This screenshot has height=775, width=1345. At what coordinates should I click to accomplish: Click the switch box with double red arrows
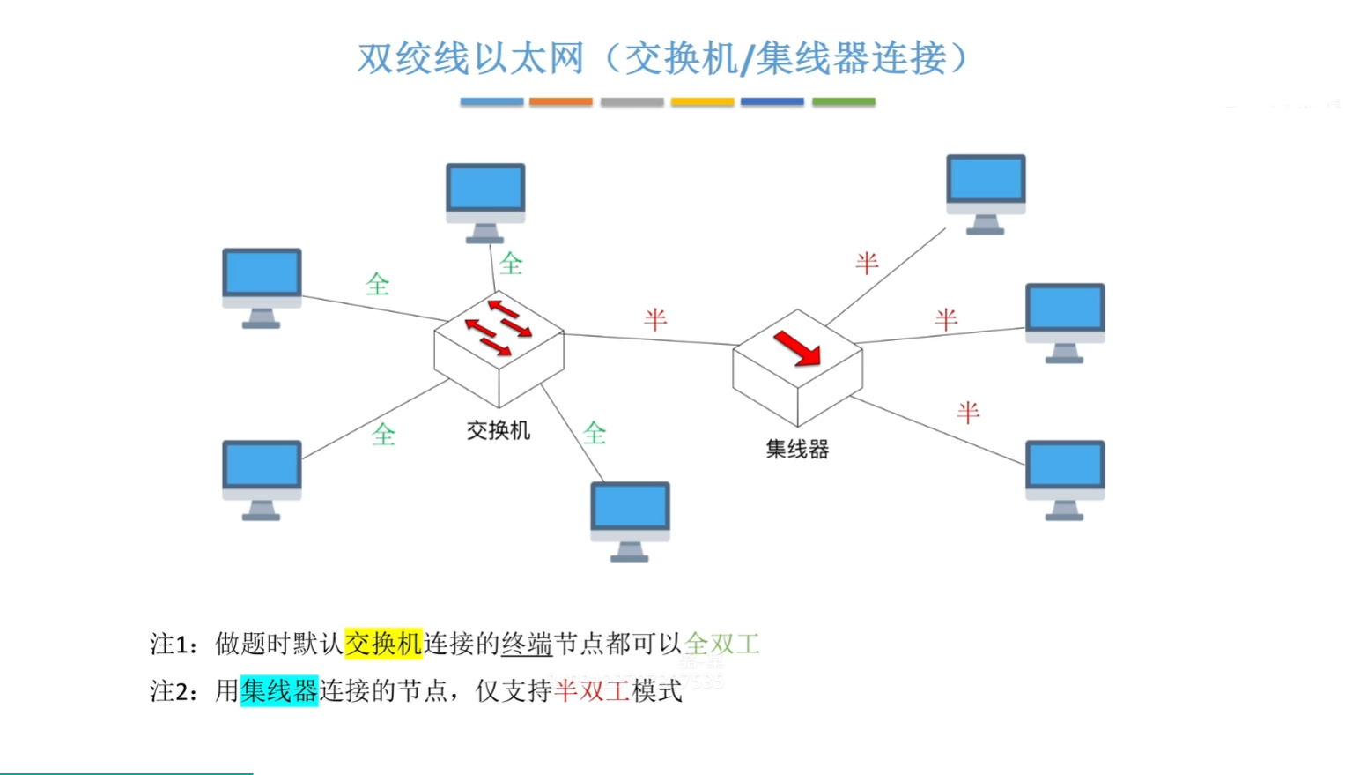tap(499, 347)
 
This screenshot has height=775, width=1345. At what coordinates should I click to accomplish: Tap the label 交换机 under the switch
tap(499, 430)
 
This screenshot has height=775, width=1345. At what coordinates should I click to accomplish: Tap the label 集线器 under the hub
tap(797, 450)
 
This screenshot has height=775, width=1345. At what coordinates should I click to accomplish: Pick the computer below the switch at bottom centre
tap(630, 518)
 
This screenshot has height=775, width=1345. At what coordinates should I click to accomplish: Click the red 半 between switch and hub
tap(655, 318)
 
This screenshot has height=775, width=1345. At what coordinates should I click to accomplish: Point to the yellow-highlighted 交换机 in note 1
tap(383, 644)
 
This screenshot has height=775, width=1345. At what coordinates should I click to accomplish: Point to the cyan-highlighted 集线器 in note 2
tap(279, 690)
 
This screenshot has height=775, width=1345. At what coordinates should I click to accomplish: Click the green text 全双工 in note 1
tap(722, 644)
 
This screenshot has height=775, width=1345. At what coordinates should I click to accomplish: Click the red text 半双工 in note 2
tap(592, 690)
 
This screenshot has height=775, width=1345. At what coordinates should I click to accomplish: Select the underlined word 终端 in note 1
tap(527, 644)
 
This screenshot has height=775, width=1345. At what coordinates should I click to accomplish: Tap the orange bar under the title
tap(561, 102)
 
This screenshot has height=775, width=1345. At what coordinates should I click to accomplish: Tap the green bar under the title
tap(843, 102)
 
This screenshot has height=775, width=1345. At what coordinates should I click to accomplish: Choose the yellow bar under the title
tap(702, 102)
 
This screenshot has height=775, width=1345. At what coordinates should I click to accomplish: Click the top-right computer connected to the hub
tap(986, 191)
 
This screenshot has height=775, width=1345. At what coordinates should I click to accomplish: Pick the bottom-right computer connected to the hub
tap(1065, 477)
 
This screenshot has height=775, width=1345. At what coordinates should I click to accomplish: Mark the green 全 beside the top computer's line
tap(512, 263)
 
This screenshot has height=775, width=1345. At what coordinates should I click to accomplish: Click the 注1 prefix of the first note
tap(168, 645)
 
